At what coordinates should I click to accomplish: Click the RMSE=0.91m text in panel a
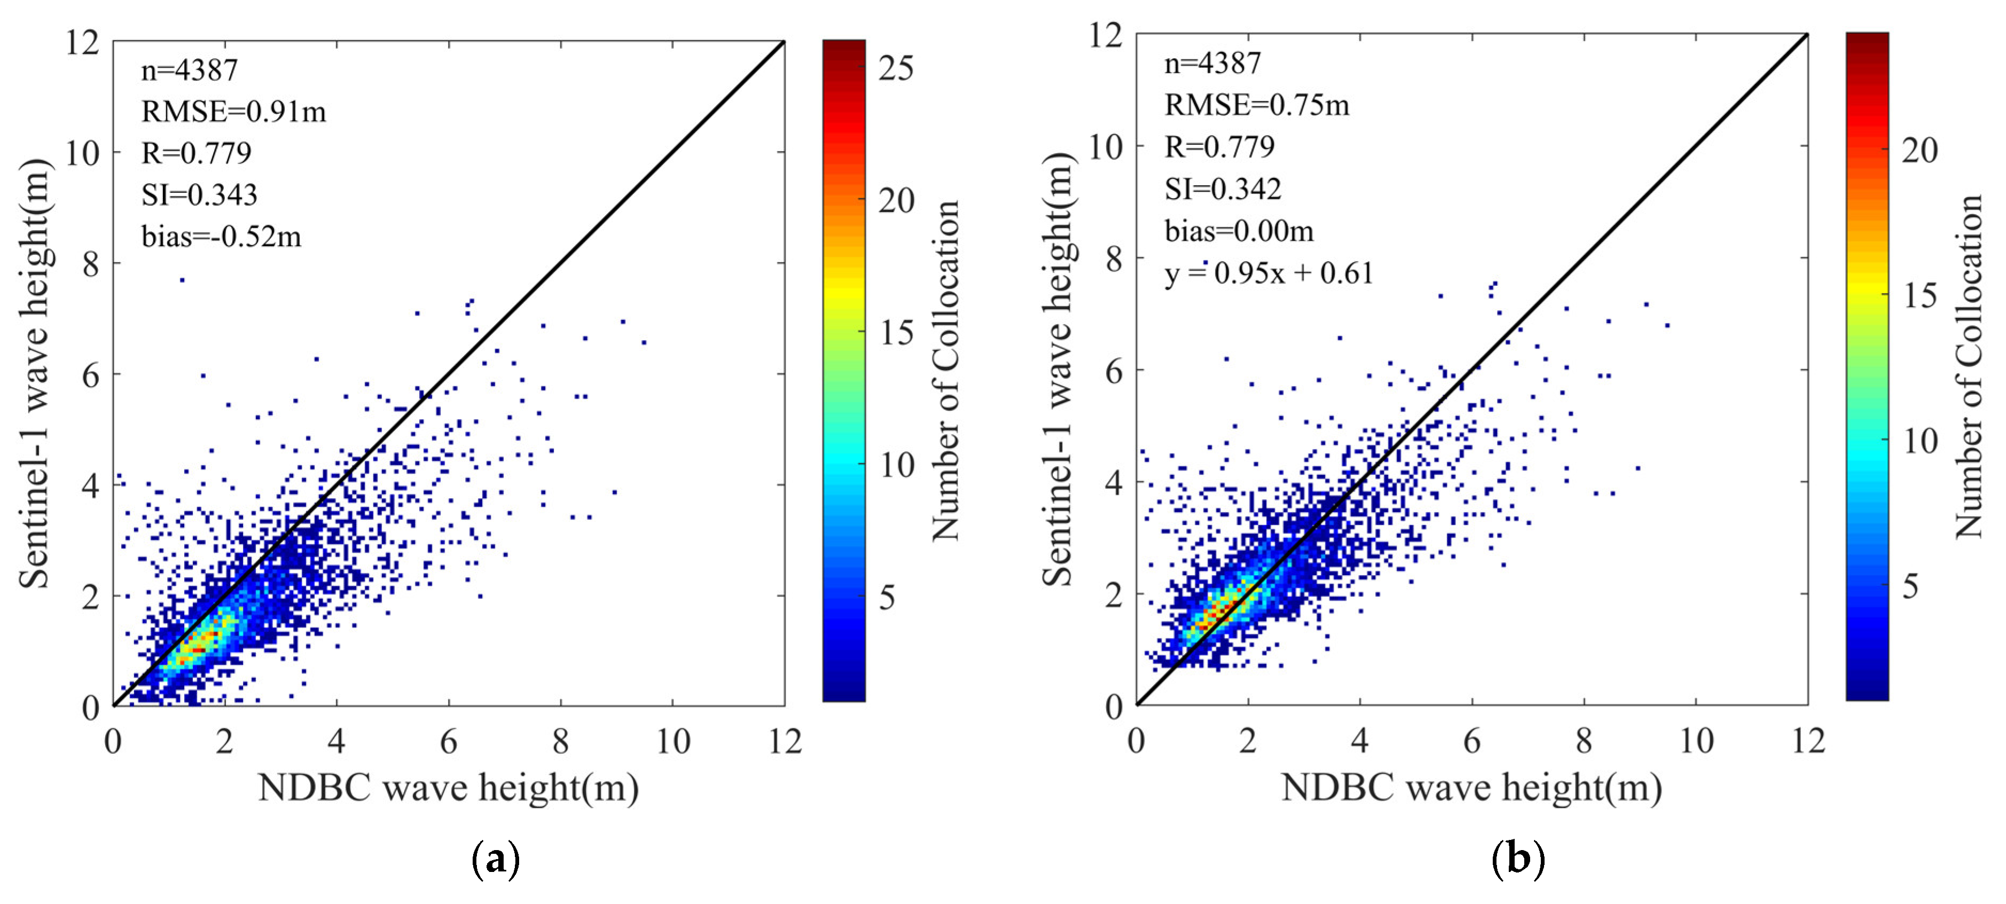[x=233, y=112]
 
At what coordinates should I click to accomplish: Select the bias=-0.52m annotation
[x=221, y=236]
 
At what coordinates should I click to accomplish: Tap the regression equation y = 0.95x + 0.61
[x=1268, y=273]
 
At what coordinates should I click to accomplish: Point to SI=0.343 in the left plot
[x=199, y=195]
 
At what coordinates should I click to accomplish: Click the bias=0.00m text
[x=1239, y=231]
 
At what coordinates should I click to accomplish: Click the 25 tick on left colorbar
[x=896, y=68]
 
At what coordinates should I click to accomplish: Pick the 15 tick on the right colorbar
[x=1919, y=295]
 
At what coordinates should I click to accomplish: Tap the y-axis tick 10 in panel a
[x=83, y=153]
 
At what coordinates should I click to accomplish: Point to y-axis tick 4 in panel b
[x=1114, y=483]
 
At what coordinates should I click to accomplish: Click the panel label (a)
[x=495, y=860]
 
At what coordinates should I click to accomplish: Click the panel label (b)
[x=1518, y=860]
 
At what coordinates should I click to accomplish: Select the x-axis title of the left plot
[x=449, y=788]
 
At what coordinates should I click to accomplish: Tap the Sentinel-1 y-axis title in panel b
[x=1059, y=370]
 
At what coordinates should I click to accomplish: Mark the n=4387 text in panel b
[x=1212, y=63]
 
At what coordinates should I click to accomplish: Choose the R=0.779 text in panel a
[x=196, y=153]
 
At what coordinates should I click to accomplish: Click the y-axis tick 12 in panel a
[x=83, y=42]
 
